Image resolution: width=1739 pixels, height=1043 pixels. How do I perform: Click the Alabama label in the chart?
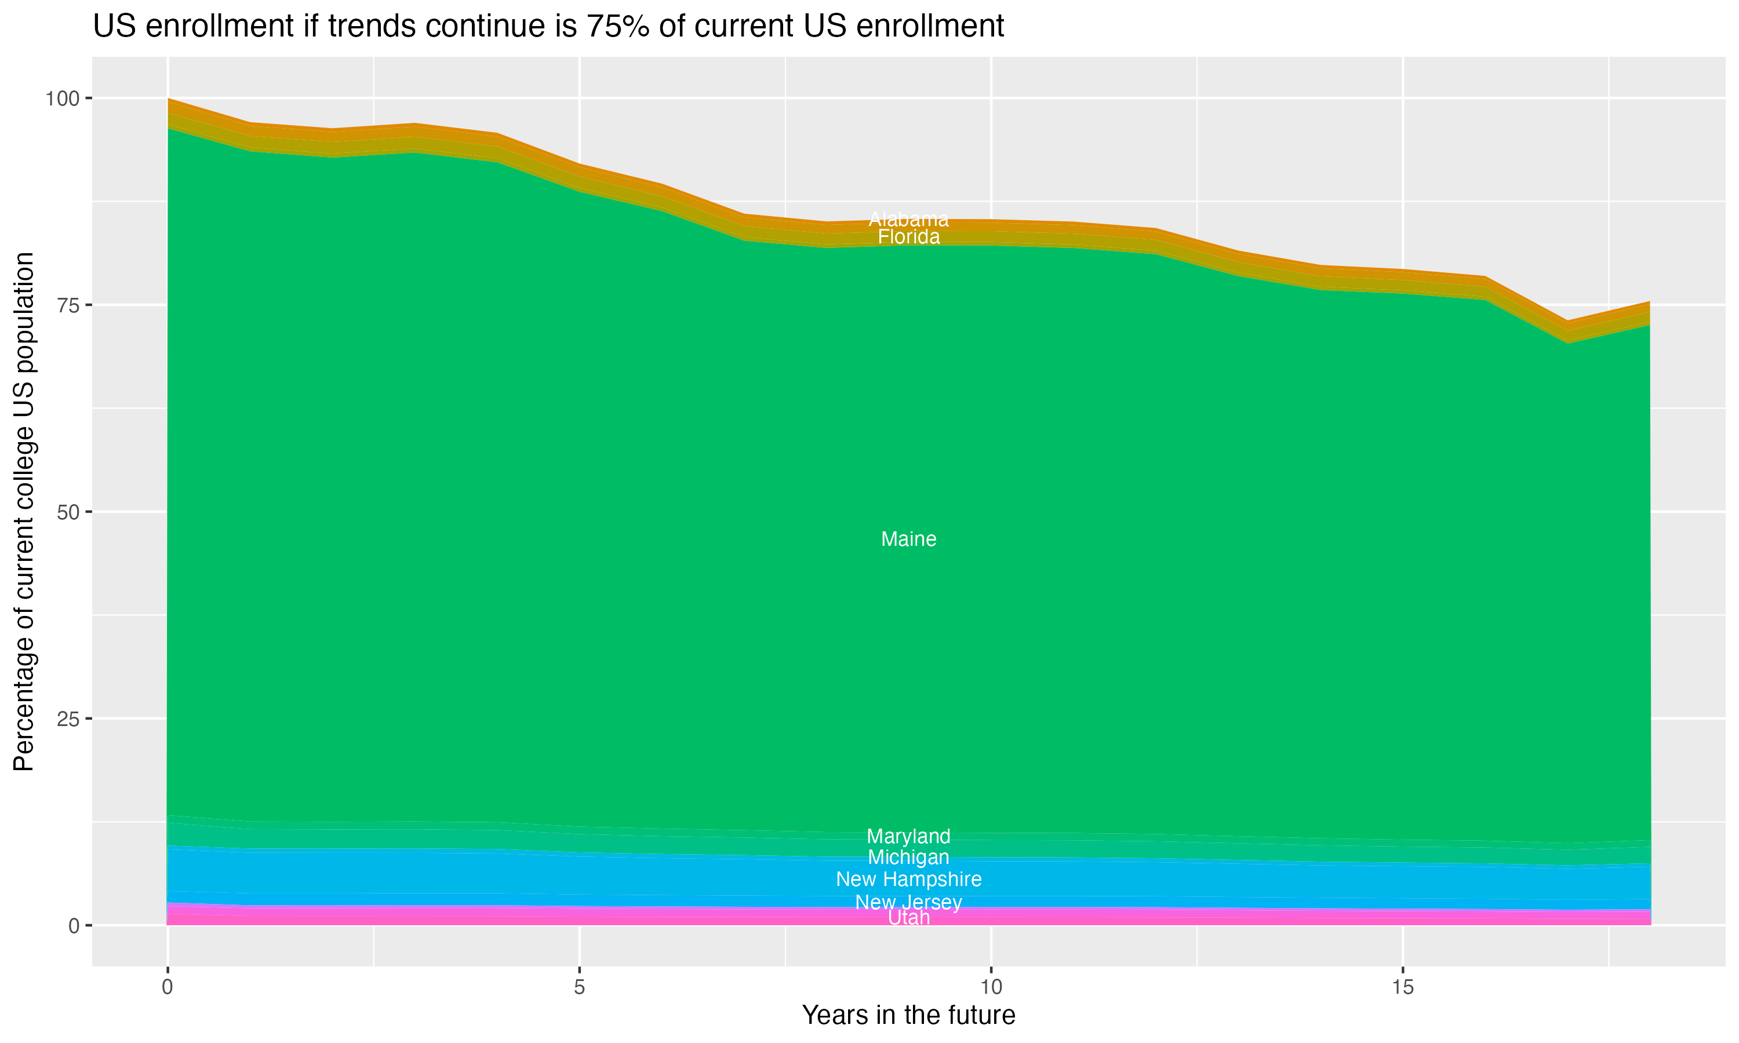pyautogui.click(x=908, y=219)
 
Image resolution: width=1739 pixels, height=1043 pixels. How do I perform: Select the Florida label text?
pyautogui.click(x=908, y=238)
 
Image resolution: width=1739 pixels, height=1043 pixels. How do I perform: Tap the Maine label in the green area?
pyautogui.click(x=908, y=539)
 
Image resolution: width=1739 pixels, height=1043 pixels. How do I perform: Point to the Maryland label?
pyautogui.click(x=908, y=836)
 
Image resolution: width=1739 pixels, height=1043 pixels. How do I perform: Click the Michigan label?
pyautogui.click(x=908, y=858)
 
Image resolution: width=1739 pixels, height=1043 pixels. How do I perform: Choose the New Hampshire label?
pyautogui.click(x=908, y=879)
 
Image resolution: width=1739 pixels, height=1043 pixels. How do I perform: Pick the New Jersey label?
pyautogui.click(x=908, y=902)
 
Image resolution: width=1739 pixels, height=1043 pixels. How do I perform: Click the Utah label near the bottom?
pyautogui.click(x=908, y=918)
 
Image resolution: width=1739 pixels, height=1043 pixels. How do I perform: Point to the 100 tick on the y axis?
pyautogui.click(x=63, y=99)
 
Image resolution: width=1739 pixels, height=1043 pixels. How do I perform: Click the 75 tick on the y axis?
pyautogui.click(x=69, y=305)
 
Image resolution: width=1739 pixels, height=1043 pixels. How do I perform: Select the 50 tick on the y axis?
pyautogui.click(x=69, y=512)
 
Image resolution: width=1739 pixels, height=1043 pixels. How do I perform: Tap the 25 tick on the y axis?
pyautogui.click(x=69, y=719)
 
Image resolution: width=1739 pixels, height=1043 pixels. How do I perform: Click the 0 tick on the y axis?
pyautogui.click(x=75, y=925)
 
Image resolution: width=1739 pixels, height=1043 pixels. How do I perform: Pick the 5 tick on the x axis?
pyautogui.click(x=579, y=987)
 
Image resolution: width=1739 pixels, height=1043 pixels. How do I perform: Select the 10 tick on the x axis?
pyautogui.click(x=991, y=987)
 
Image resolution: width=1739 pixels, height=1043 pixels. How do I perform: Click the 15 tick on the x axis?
pyautogui.click(x=1402, y=987)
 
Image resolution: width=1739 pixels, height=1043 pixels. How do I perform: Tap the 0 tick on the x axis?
pyautogui.click(x=168, y=987)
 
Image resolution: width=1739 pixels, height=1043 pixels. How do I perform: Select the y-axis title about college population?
pyautogui.click(x=24, y=512)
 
